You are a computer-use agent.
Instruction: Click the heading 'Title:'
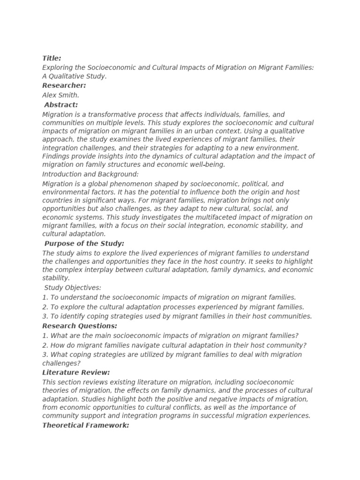pyautogui.click(x=52, y=59)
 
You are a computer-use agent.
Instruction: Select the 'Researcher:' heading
pyautogui.click(x=64, y=86)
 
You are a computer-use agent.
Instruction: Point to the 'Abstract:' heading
pyautogui.click(x=61, y=105)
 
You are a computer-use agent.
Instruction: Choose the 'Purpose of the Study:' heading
pyautogui.click(x=84, y=244)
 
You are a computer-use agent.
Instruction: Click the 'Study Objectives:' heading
pyautogui.click(x=73, y=288)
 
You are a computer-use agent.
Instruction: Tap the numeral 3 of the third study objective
pyautogui.click(x=44, y=316)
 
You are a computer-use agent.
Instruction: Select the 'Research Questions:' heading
pyautogui.click(x=80, y=326)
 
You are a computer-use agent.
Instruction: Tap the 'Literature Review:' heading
pyautogui.click(x=76, y=373)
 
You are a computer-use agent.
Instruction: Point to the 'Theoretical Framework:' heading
pyautogui.click(x=85, y=426)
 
